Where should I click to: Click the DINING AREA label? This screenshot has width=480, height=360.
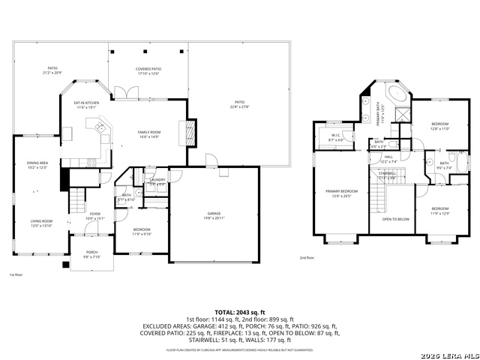[37, 165]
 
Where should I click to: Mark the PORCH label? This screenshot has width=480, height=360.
[91, 254]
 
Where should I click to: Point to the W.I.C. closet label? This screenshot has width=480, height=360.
[336, 137]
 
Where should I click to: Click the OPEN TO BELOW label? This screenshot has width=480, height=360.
[395, 219]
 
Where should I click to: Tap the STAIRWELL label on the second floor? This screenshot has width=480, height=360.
[387, 175]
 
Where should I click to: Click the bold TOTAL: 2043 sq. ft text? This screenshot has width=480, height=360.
[239, 312]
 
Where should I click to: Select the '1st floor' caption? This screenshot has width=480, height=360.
[16, 275]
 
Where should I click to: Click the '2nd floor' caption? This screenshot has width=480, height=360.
[307, 257]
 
